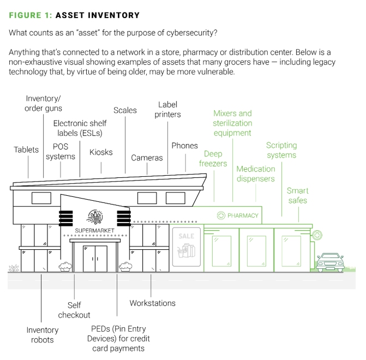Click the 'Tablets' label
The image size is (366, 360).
tap(26, 149)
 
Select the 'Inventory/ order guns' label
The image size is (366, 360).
tap(43, 103)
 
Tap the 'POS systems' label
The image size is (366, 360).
tap(61, 152)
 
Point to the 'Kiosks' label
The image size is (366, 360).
tap(101, 152)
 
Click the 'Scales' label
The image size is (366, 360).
tap(125, 110)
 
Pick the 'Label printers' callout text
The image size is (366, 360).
tap(167, 109)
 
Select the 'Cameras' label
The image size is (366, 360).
tap(147, 158)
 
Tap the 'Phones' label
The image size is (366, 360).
tap(184, 146)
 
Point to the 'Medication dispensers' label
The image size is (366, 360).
tap(255, 173)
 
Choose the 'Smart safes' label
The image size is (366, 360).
tap(297, 195)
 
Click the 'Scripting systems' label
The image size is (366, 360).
tap(281, 150)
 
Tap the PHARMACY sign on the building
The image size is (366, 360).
tap(238, 215)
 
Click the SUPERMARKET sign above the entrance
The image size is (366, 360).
tap(94, 230)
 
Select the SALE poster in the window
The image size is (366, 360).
tap(186, 249)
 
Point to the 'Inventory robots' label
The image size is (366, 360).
tap(42, 334)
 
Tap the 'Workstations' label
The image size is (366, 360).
tap(152, 303)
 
